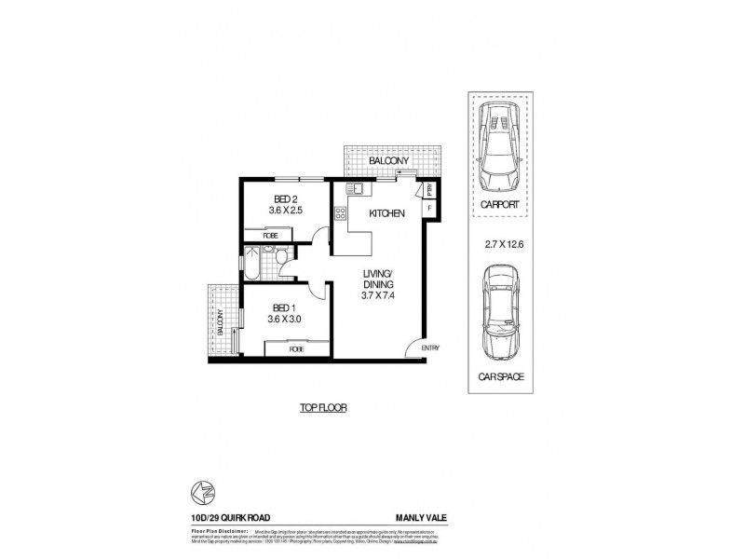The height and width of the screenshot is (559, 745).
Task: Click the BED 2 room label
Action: [285, 199]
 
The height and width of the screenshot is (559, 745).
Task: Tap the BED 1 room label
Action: [284, 307]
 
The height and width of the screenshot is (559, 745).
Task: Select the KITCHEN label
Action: [386, 214]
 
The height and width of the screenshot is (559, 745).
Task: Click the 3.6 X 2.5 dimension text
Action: [285, 211]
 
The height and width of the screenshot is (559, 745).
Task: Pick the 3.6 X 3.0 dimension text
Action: [284, 320]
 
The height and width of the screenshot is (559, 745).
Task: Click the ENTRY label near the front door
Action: [429, 348]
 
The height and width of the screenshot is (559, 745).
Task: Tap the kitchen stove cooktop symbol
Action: [341, 216]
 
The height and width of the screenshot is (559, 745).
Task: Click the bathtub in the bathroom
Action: [251, 262]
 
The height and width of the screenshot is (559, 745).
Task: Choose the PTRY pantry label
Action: [429, 190]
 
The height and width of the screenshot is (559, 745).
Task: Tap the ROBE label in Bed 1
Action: [297, 348]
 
